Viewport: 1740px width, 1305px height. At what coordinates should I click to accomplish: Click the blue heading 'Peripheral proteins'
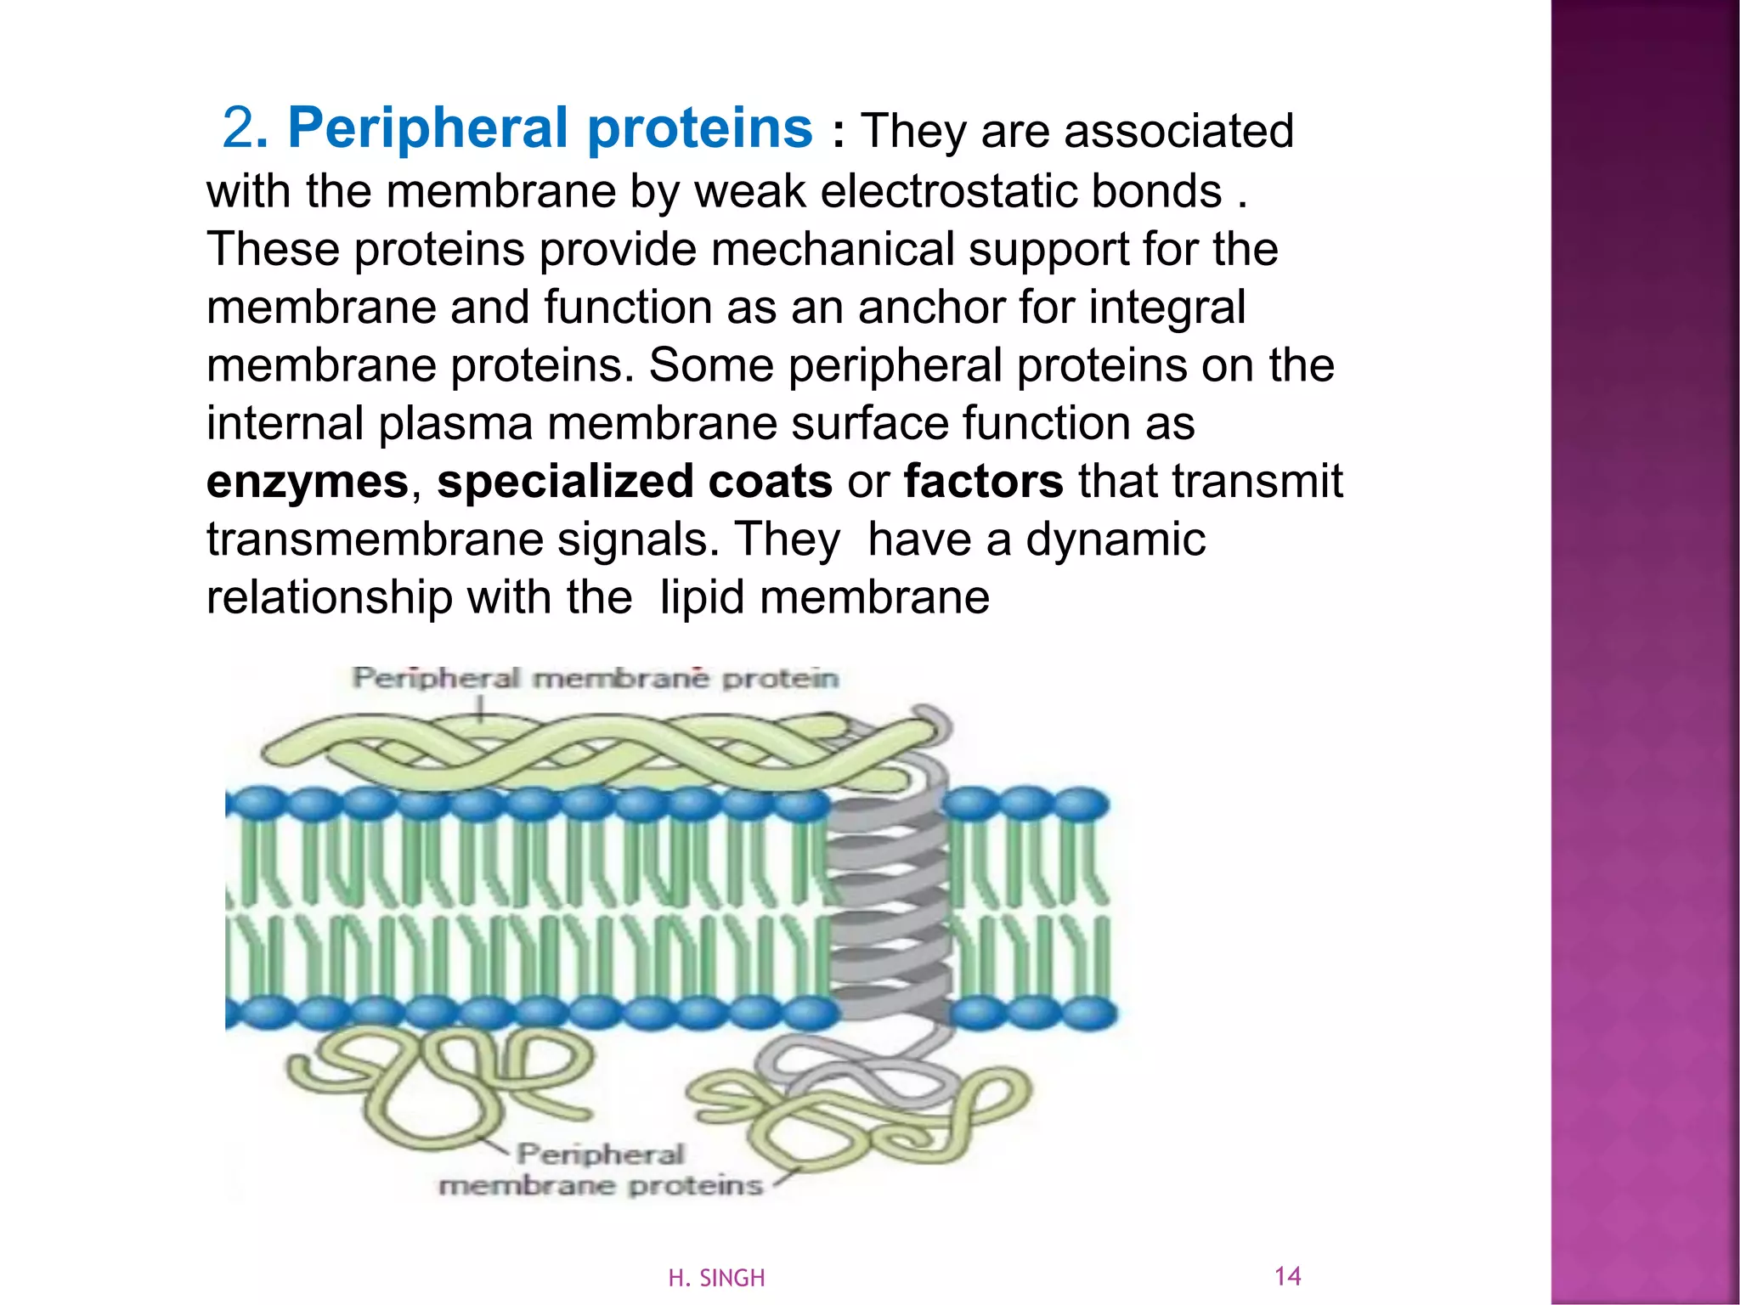550,129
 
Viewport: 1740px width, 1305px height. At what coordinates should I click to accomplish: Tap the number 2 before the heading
238,129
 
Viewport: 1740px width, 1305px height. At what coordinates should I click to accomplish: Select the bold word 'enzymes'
308,482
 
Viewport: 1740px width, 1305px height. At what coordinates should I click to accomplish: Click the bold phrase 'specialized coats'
634,482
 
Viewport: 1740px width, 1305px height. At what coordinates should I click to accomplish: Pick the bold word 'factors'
983,482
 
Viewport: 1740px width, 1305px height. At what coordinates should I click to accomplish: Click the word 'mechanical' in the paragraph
832,249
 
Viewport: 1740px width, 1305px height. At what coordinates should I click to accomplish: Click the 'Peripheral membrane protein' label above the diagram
595,678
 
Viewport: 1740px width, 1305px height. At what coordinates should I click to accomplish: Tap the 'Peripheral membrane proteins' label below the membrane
601,1170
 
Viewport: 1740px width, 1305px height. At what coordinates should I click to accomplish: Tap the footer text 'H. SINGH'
716,1278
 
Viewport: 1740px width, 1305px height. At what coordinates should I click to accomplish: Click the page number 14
1287,1275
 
